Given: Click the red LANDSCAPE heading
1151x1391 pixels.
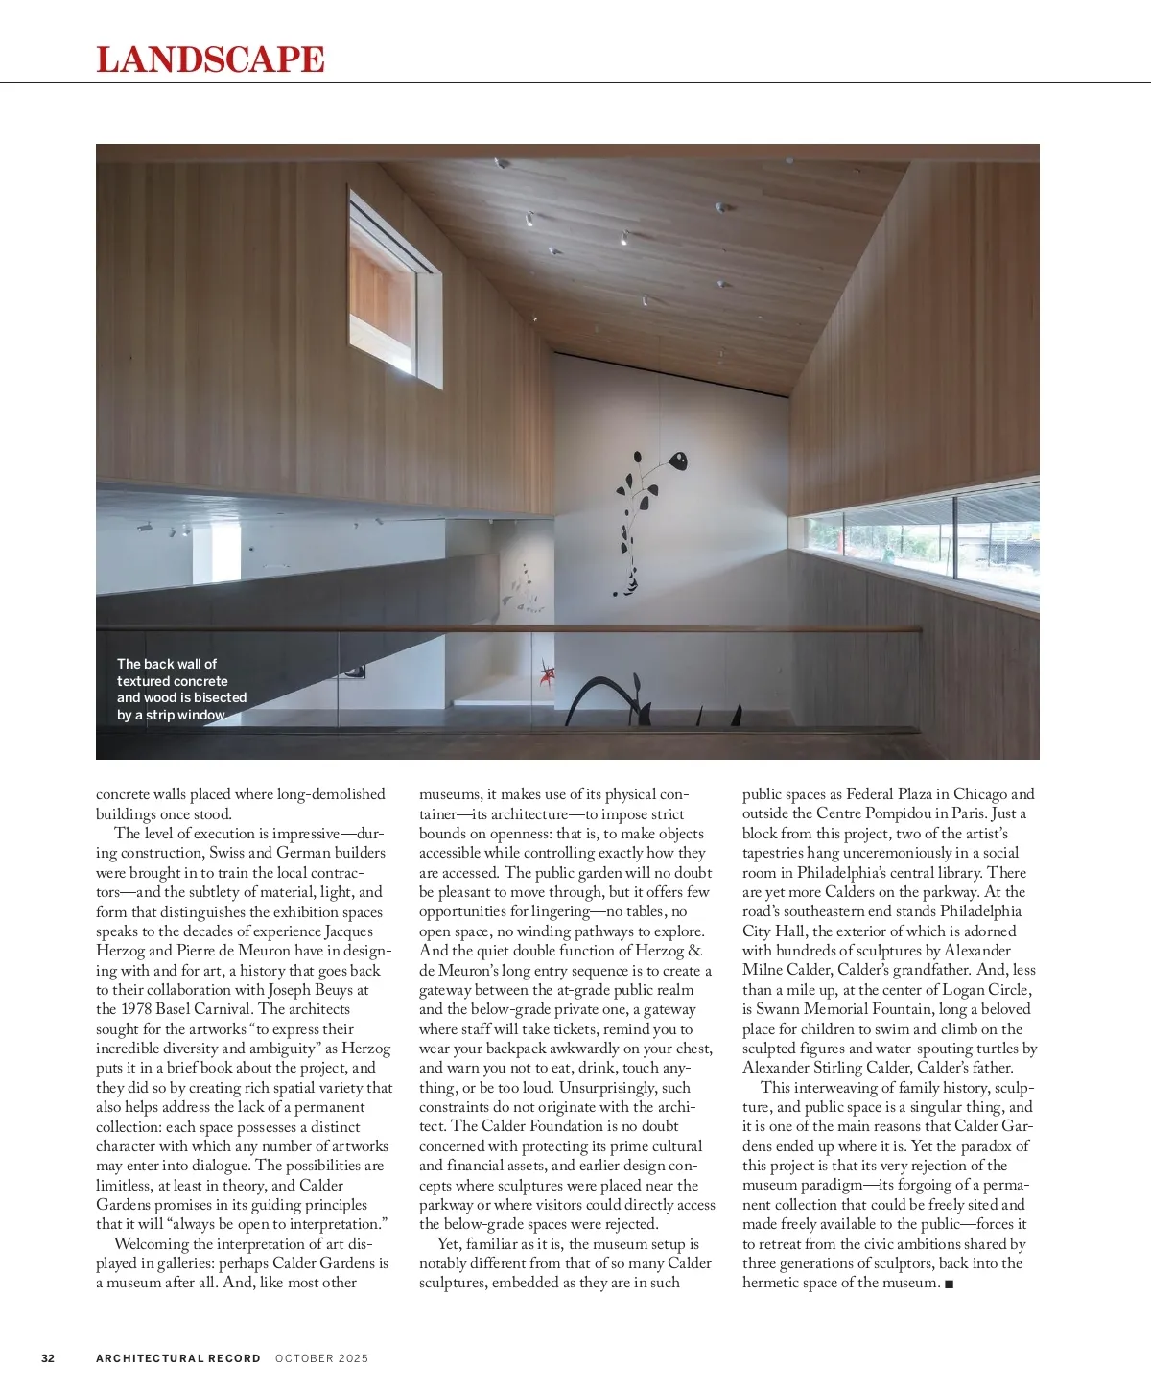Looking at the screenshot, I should (210, 59).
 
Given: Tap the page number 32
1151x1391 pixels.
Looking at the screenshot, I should (48, 1358).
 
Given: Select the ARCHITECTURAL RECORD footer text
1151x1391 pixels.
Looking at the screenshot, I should (178, 1358).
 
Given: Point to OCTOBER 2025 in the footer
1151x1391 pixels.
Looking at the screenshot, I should (321, 1358).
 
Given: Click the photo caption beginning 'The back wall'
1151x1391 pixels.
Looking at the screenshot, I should (181, 690).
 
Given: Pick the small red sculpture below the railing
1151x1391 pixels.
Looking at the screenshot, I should (548, 673).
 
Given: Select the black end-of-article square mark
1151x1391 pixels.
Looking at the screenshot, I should (949, 1284).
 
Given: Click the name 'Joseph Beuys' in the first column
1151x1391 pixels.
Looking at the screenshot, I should (311, 990).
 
